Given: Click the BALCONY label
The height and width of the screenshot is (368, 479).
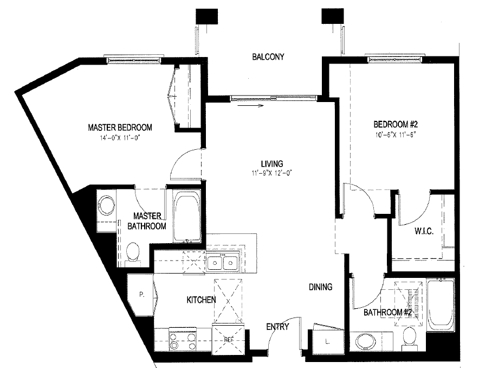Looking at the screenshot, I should click(x=268, y=57).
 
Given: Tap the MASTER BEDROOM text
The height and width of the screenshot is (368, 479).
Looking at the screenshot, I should click(x=120, y=128).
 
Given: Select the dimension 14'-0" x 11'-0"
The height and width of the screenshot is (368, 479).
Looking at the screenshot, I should click(x=120, y=138).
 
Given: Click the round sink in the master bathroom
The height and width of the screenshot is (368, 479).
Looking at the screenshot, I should click(x=107, y=207).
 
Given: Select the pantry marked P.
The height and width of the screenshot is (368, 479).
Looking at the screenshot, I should click(x=141, y=295).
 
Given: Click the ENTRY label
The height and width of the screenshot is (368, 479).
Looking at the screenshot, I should click(x=277, y=327).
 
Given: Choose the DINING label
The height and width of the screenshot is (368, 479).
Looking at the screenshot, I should click(x=321, y=287).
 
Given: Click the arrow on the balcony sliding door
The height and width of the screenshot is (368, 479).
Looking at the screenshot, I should click(x=257, y=106).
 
